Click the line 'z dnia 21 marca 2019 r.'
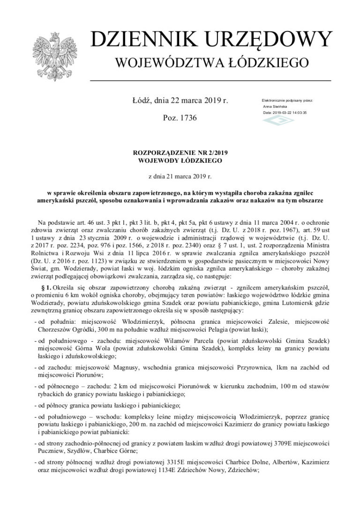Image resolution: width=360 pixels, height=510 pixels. (x=180, y=176)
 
